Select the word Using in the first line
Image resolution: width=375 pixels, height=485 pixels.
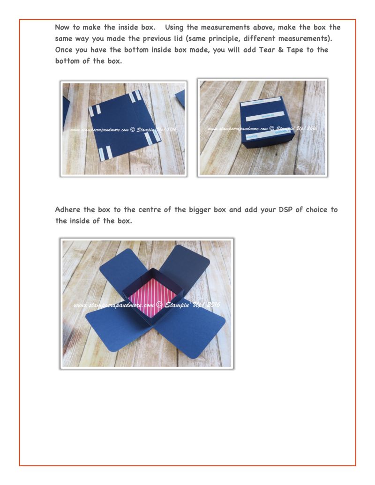pos(174,28)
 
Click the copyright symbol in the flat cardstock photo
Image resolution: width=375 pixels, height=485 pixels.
pos(133,130)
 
